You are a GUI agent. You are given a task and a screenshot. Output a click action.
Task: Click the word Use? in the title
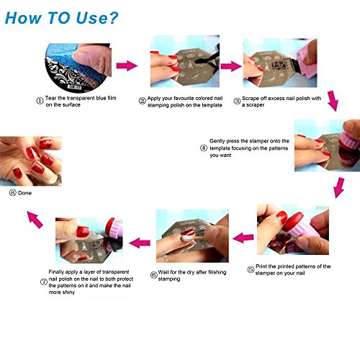97,18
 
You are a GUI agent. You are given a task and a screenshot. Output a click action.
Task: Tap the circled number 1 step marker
40,101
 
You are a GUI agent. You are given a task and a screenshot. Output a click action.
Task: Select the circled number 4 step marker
204,148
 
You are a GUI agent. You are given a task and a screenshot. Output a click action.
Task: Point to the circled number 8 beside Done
12,192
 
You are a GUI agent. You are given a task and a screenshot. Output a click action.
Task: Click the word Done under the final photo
24,193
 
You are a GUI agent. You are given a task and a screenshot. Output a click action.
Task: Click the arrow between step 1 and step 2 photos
127,66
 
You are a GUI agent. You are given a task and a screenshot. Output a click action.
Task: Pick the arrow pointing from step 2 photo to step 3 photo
231,66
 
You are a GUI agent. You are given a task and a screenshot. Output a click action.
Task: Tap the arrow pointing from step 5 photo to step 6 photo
243,238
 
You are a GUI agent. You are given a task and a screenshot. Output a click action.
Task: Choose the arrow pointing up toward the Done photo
35,220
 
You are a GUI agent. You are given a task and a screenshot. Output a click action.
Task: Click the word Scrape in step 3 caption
250,99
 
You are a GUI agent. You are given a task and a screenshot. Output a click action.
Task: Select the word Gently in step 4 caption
217,141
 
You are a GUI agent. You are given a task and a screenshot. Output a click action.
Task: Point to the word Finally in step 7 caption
56,272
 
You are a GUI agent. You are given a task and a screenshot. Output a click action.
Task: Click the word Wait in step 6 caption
163,272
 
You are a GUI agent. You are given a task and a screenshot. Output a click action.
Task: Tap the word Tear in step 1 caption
50,98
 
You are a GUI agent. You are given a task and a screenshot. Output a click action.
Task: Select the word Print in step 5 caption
261,266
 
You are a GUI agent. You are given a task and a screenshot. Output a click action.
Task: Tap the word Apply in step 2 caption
153,99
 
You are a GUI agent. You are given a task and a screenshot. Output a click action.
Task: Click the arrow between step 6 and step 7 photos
140,243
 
